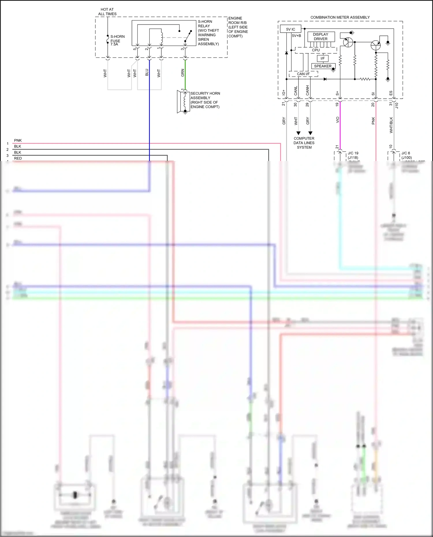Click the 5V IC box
click(x=290, y=29)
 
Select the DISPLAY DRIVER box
click(x=320, y=37)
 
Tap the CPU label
click(x=316, y=50)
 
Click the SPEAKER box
click(x=323, y=66)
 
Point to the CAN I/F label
click(x=303, y=74)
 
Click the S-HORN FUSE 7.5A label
click(x=117, y=40)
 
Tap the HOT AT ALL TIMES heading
click(x=107, y=12)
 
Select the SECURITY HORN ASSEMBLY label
click(x=205, y=100)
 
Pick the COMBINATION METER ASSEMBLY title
click(x=340, y=17)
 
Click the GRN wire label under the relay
click(x=182, y=73)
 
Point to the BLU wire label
click(x=147, y=72)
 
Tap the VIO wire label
click(x=337, y=120)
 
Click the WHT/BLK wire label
click(x=391, y=125)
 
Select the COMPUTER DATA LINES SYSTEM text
click(x=304, y=143)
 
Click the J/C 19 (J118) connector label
click(x=353, y=155)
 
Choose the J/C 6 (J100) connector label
click(x=406, y=155)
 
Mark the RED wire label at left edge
click(x=18, y=158)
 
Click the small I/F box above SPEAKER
click(x=322, y=58)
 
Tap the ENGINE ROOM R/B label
click(x=238, y=27)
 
